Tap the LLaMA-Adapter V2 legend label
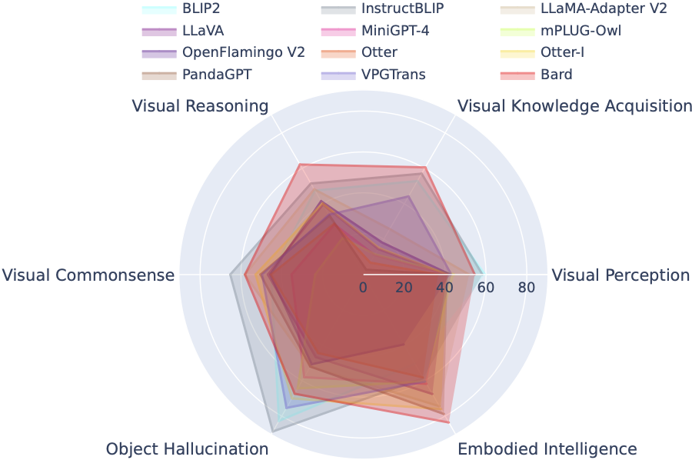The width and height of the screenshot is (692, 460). [604, 10]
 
